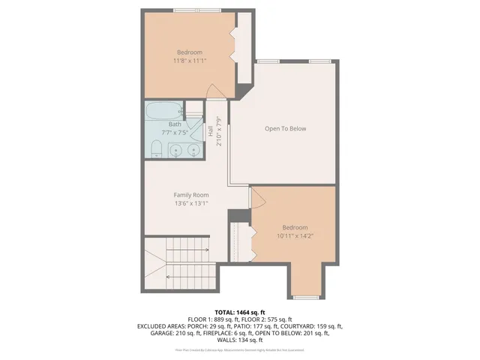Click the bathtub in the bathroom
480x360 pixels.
click(x=164, y=112)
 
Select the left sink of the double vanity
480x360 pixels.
click(x=175, y=151)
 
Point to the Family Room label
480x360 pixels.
click(x=190, y=194)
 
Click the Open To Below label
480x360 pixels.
click(x=286, y=128)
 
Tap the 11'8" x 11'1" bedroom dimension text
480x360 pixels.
click(x=190, y=60)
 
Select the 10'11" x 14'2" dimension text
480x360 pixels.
click(x=295, y=235)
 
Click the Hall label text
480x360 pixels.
click(x=212, y=129)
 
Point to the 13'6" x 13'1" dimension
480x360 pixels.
click(x=190, y=202)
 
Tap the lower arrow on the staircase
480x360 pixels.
click(x=186, y=276)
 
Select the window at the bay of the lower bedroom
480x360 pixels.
click(x=306, y=296)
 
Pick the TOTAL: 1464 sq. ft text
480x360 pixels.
click(x=240, y=312)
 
